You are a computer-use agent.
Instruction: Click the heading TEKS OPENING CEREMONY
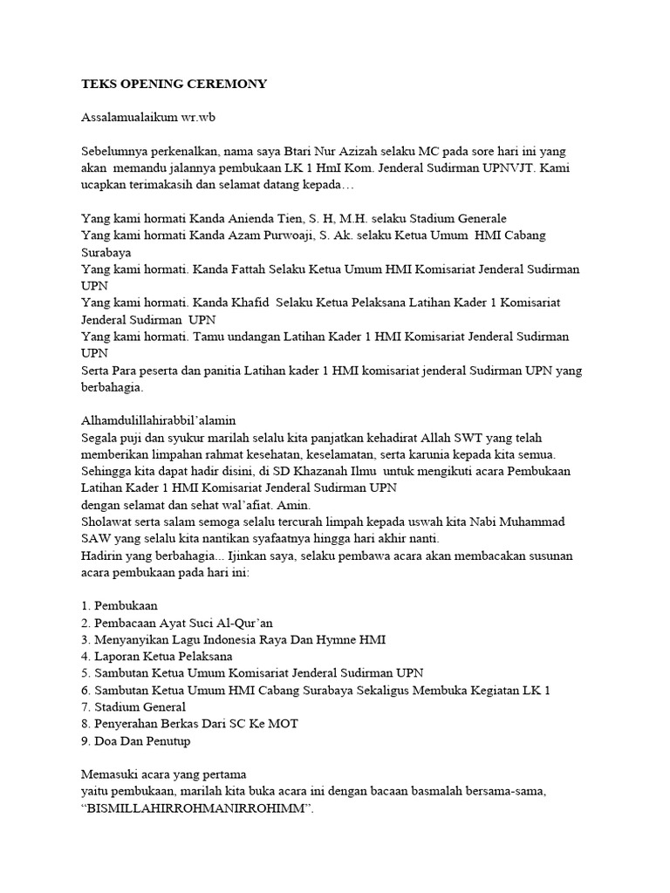[174, 84]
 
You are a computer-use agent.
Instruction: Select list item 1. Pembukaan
[120, 604]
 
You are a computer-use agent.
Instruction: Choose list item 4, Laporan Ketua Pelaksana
[157, 656]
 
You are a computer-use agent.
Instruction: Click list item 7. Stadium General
[133, 706]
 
